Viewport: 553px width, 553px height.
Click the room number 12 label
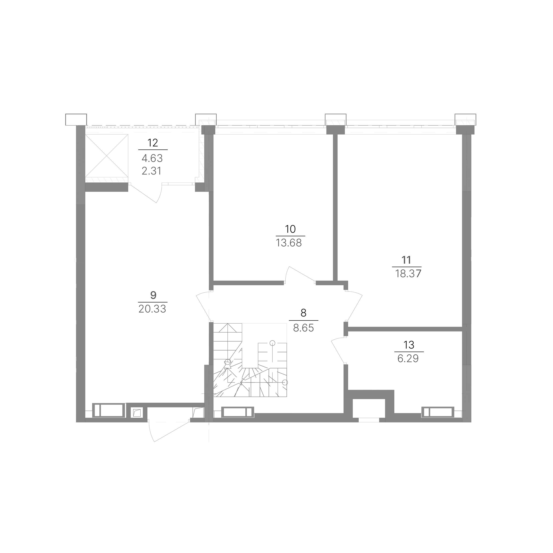[x=153, y=143]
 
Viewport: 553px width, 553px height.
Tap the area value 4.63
[x=152, y=158]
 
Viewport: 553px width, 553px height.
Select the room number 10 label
[x=290, y=229]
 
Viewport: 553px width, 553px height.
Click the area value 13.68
[x=289, y=243]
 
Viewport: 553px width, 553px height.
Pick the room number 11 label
[x=407, y=260]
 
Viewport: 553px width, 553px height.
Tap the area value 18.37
[x=408, y=274]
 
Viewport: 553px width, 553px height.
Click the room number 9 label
[x=153, y=295]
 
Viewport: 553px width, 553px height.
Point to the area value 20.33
[x=152, y=309]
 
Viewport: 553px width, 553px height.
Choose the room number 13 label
[x=409, y=345]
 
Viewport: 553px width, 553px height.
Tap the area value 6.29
[x=408, y=358]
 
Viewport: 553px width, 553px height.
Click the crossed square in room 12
[x=106, y=156]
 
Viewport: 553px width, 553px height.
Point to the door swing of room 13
[x=337, y=351]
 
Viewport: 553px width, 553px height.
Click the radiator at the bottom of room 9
[x=109, y=410]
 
